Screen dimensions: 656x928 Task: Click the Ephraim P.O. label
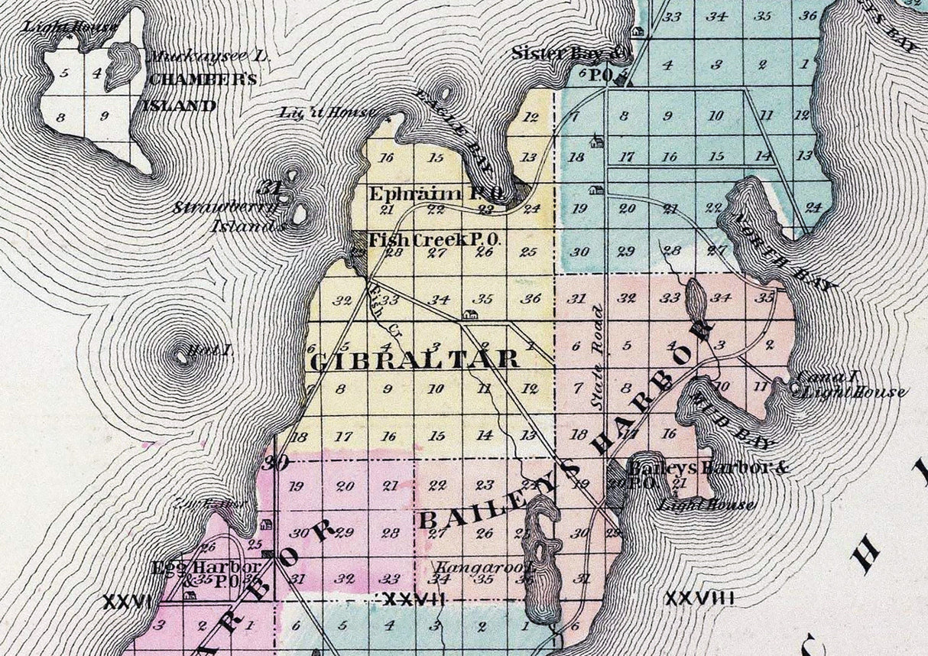tap(436, 194)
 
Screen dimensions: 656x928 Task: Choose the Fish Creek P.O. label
tap(434, 240)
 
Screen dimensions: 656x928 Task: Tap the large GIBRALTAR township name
tap(414, 360)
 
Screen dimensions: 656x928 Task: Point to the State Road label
tap(599, 352)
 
